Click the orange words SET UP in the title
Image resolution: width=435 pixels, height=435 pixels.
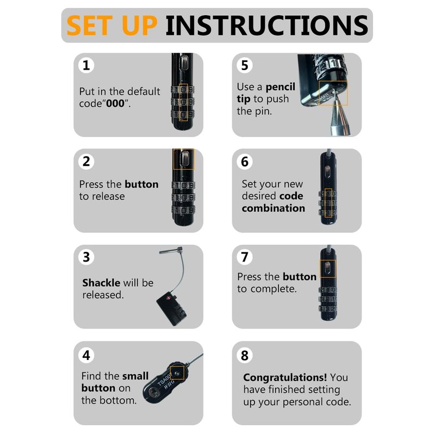tap(112, 25)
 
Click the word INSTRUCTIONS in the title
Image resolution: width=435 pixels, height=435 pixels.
tap(266, 25)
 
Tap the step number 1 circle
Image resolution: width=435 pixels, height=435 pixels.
tap(86, 65)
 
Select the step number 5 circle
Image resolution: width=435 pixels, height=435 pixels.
tap(245, 65)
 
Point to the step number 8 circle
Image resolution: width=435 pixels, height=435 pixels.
tap(245, 356)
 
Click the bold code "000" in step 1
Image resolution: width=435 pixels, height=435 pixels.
tap(115, 103)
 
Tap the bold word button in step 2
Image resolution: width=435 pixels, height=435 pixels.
tap(141, 184)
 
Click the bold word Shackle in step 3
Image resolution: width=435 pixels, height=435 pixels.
tap(101, 283)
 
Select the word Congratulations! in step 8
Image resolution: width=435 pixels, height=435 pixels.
tap(285, 377)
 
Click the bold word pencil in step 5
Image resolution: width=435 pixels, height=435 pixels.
tap(281, 87)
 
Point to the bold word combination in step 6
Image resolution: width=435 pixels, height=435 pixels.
tap(274, 208)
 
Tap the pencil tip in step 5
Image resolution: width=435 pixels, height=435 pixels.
tap(334, 93)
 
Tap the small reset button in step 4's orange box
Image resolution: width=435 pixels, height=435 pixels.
tap(178, 373)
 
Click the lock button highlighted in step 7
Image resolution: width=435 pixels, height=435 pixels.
tap(328, 269)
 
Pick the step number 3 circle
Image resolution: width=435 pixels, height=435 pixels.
tap(86, 257)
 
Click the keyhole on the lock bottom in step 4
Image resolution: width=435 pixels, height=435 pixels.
tap(153, 393)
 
